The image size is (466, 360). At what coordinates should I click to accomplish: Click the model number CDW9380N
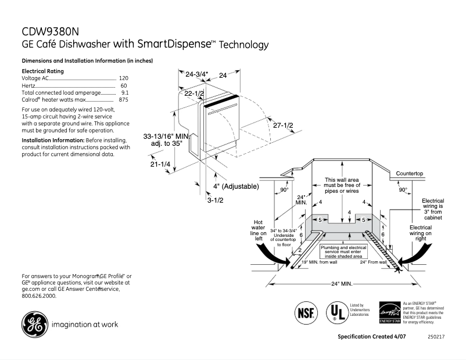click(50, 32)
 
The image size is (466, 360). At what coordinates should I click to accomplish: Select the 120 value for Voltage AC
click(123, 78)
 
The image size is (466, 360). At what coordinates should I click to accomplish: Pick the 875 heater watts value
click(123, 100)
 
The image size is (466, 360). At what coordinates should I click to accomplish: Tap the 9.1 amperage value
click(124, 92)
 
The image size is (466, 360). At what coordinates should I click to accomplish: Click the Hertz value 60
click(124, 85)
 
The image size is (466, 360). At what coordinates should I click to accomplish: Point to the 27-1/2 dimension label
click(283, 125)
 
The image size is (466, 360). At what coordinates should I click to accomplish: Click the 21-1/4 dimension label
click(160, 164)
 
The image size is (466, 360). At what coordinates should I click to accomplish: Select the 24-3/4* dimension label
click(197, 74)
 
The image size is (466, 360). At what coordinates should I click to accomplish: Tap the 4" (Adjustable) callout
click(235, 186)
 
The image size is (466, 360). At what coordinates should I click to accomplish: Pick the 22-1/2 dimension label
click(194, 93)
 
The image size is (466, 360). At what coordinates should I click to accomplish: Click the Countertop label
click(410, 174)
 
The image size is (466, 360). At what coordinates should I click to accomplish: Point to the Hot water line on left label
click(259, 230)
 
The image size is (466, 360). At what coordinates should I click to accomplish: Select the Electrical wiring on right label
click(420, 232)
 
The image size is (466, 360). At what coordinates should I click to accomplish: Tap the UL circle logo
click(335, 312)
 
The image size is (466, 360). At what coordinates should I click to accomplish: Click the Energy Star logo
click(389, 312)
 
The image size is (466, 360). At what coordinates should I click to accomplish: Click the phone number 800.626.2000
click(39, 296)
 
